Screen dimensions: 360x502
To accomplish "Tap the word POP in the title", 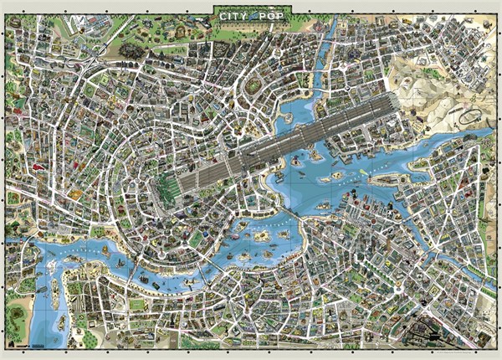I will pos(274,14).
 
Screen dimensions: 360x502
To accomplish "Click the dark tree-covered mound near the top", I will pos(131,52).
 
